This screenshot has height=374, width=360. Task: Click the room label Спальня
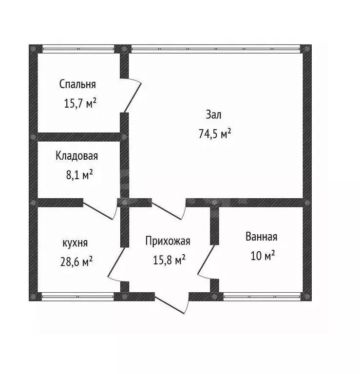click(x=77, y=84)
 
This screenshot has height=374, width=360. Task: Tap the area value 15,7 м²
click(x=80, y=103)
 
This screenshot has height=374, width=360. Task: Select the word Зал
click(x=213, y=115)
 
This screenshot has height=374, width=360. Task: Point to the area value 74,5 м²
click(x=215, y=133)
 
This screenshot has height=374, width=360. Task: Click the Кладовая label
click(x=77, y=156)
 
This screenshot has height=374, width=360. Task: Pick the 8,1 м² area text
click(x=79, y=175)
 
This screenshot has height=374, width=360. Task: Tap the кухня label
click(x=75, y=243)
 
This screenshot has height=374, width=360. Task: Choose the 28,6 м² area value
click(x=76, y=262)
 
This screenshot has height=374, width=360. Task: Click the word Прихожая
click(x=168, y=241)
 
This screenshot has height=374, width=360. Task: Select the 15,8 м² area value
click(x=169, y=260)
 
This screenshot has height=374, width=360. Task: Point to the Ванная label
click(x=262, y=237)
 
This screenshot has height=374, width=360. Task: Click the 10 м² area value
click(x=263, y=256)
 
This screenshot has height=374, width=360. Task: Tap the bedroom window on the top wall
click(x=78, y=49)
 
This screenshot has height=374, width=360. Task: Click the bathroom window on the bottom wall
click(x=262, y=297)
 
